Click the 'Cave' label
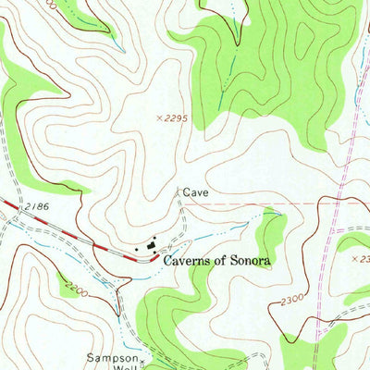(x=195, y=192)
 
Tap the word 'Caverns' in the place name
(x=190, y=262)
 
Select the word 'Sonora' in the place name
(x=250, y=262)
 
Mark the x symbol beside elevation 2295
(x=160, y=118)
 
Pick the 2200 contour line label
(x=76, y=290)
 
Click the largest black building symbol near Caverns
(x=152, y=245)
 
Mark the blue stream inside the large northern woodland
(x=228, y=83)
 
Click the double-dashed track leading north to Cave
(x=181, y=217)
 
